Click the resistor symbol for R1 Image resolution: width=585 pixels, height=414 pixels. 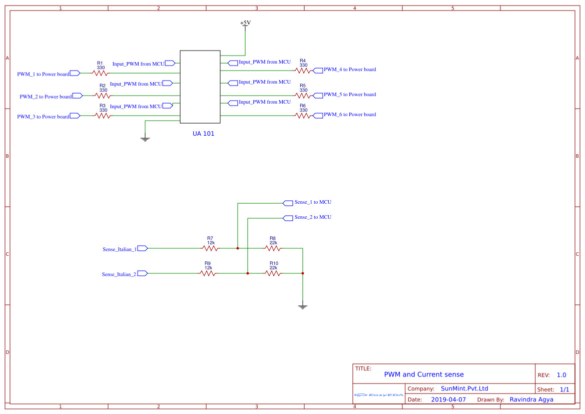(100, 73)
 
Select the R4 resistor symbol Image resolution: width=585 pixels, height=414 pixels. (303, 70)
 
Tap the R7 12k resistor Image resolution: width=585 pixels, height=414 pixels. (210, 248)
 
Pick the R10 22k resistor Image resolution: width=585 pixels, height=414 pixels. (273, 273)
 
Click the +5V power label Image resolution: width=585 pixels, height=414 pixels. (245, 23)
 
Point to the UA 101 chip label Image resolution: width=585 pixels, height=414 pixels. (203, 134)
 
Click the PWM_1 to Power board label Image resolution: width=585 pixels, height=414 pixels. (43, 74)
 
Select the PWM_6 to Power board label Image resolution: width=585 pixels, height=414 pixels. (349, 115)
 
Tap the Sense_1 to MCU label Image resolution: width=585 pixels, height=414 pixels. (312, 202)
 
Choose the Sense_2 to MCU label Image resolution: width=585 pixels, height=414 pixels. (312, 217)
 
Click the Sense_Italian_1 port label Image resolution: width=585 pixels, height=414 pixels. (119, 249)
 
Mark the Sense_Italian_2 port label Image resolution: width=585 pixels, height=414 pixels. (119, 274)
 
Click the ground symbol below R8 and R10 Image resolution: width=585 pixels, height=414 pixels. (302, 306)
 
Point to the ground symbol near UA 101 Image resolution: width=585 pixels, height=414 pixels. (145, 139)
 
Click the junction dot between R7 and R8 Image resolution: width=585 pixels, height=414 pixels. (238, 248)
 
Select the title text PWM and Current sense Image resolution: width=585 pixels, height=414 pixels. (423, 374)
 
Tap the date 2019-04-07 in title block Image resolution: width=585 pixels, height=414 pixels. (448, 399)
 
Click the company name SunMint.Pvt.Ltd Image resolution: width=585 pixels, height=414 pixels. (464, 388)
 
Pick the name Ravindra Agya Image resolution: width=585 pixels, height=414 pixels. (531, 399)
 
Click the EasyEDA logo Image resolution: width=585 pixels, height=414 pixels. (379, 395)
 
